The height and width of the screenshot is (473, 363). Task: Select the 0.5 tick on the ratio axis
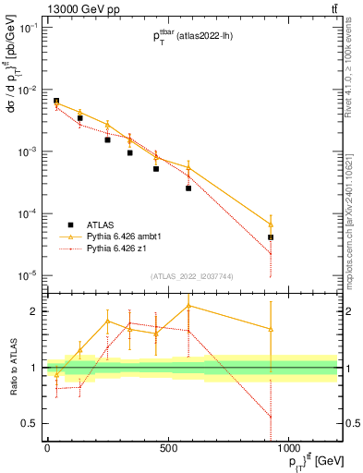[28, 423]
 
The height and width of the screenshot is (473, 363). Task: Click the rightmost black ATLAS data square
[271, 237]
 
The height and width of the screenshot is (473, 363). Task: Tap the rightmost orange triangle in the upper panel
[271, 224]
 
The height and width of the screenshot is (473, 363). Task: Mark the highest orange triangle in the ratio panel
[188, 305]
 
